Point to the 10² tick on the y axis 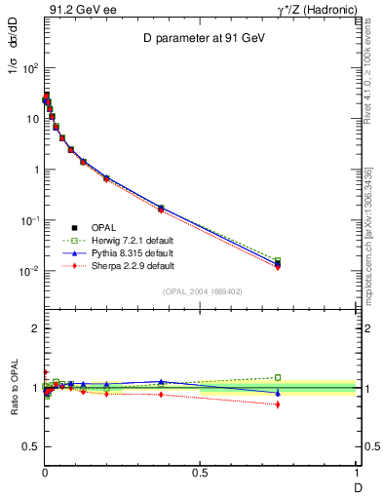[30, 68]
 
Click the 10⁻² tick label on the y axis [28, 271]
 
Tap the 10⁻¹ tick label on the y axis [28, 220]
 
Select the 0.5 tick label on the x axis [200, 472]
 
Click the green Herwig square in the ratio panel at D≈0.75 [278, 377]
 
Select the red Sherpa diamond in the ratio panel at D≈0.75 [278, 404]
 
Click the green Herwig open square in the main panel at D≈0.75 [278, 260]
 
